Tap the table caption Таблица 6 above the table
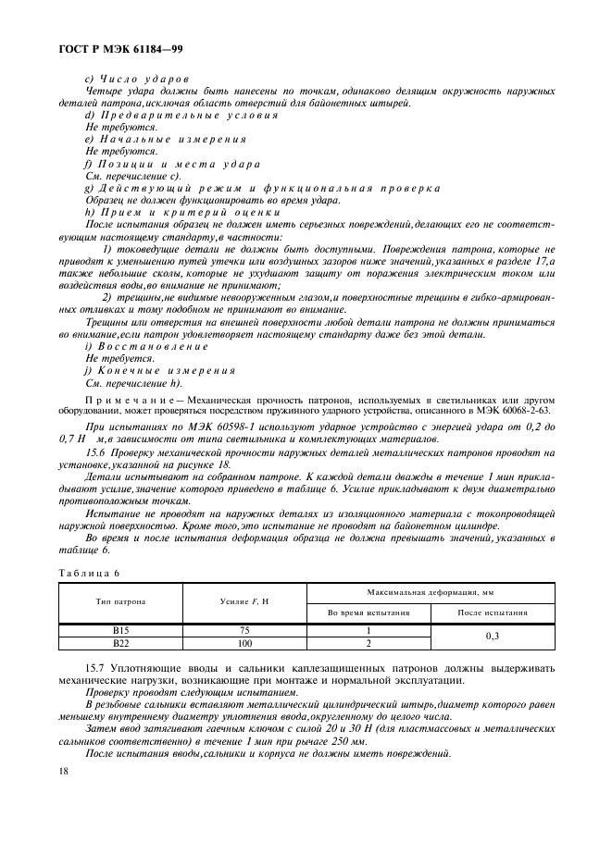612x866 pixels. point(85,574)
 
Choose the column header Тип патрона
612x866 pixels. point(120,601)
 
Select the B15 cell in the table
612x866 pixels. point(120,629)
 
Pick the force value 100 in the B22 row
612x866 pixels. point(244,642)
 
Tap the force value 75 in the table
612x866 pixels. point(244,629)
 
